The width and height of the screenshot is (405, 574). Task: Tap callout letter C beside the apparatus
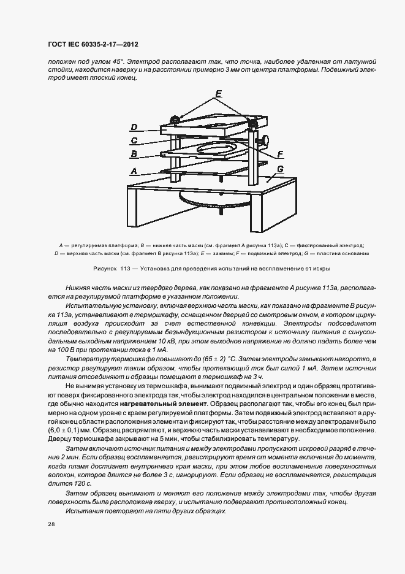pyautogui.click(x=134, y=141)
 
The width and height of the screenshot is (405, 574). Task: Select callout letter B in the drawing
pyautogui.click(x=134, y=155)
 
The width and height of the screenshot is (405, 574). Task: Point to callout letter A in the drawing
pyautogui.click(x=134, y=172)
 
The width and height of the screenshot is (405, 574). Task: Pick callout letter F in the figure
pyautogui.click(x=280, y=154)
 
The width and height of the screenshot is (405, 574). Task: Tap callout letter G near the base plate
pyautogui.click(x=280, y=169)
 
